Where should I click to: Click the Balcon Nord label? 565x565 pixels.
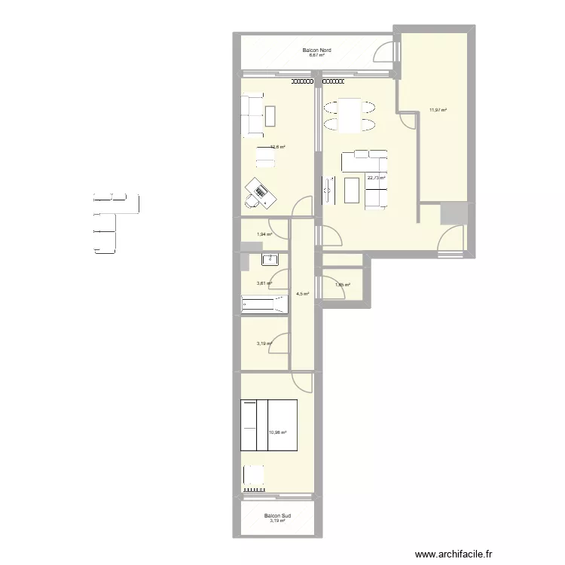pos(317,50)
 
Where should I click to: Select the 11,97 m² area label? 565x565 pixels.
pos(438,110)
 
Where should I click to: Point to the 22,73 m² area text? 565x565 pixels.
pos(376,178)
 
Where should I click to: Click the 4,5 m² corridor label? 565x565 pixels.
pos(302,294)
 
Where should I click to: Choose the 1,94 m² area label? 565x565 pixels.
pos(264,234)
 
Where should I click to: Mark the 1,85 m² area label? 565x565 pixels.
pos(342,285)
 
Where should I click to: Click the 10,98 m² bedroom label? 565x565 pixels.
pos(277,432)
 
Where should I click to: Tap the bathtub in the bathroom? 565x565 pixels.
pos(264,304)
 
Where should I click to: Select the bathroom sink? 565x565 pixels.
pos(270,260)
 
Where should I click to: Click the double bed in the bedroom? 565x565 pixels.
pos(268,425)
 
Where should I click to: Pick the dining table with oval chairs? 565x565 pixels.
pos(350,115)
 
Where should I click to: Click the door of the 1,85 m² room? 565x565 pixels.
pos(320,287)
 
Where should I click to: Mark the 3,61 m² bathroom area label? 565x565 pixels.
pos(264,283)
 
